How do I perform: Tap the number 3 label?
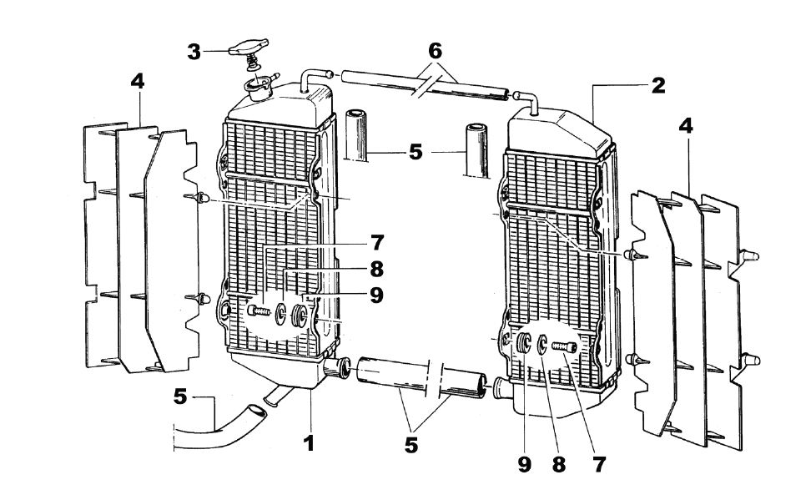194,52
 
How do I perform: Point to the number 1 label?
309,443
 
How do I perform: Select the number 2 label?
658,84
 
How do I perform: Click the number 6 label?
435,50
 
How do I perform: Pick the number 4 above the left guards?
138,81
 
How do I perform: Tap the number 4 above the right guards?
686,126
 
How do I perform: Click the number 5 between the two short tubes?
416,153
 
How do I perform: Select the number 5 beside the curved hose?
180,397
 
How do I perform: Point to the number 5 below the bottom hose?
411,446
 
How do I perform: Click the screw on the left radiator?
259,311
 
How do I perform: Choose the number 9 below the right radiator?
524,466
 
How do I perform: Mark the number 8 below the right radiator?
559,466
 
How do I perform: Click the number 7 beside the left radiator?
377,243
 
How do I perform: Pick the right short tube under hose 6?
476,150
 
